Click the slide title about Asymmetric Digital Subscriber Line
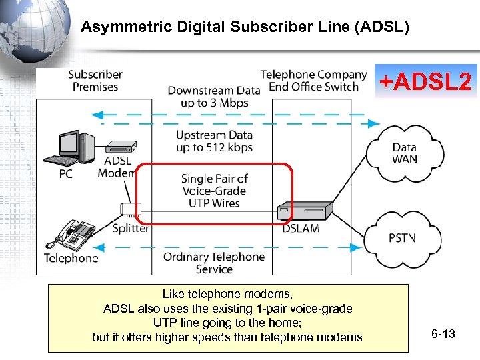(245, 27)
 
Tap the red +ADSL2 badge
(425, 82)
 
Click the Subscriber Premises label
(95, 81)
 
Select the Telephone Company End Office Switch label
(313, 81)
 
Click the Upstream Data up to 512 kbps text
(214, 141)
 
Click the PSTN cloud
(401, 238)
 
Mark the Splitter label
(130, 229)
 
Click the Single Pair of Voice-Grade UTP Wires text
(214, 191)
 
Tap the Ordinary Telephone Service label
(213, 263)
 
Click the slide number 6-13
(443, 333)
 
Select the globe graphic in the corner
(30, 27)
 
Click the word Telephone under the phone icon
(71, 258)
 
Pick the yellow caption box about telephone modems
(227, 318)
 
